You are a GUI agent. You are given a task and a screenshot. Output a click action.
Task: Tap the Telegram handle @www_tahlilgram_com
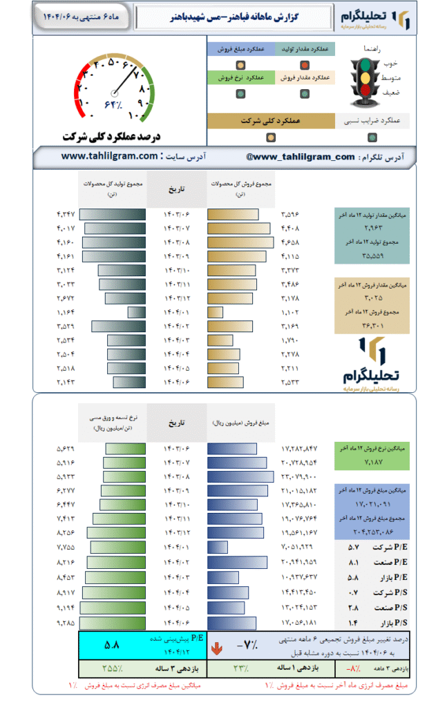tap(300, 157)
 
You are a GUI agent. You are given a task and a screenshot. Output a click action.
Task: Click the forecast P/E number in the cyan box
tap(112, 646)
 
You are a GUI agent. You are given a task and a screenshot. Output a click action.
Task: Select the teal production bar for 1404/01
tap(136, 312)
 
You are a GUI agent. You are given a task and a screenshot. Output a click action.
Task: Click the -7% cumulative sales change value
tap(246, 646)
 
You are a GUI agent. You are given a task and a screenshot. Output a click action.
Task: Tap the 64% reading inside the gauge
tap(113, 104)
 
